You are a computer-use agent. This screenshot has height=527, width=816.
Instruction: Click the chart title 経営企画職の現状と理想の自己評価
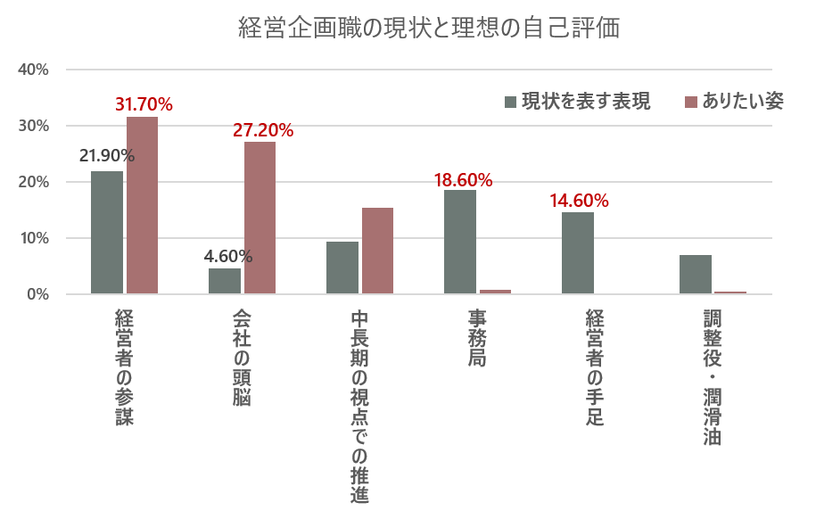(429, 28)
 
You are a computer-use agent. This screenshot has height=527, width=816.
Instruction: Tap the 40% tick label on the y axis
(32, 70)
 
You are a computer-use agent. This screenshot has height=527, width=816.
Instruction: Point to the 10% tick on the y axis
(32, 238)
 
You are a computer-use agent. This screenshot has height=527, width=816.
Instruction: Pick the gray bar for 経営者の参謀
(107, 233)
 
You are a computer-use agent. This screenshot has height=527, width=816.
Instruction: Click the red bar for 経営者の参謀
(142, 205)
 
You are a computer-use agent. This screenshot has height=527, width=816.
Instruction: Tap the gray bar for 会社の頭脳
(225, 281)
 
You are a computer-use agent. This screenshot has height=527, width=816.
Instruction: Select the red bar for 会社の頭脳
(260, 218)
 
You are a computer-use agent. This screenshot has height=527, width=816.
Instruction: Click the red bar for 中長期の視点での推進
(377, 251)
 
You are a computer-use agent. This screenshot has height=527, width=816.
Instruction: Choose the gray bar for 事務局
(460, 242)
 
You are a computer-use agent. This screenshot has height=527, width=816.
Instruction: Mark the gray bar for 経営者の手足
(578, 253)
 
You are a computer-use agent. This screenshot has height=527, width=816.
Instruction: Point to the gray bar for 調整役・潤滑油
(696, 275)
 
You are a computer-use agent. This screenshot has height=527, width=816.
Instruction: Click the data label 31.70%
(144, 104)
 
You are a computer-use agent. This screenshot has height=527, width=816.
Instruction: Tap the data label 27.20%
(263, 130)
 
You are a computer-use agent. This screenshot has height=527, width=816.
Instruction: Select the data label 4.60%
(228, 257)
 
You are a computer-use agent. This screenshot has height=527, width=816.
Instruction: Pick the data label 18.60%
(463, 180)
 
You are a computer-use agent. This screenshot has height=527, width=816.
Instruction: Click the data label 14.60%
(580, 201)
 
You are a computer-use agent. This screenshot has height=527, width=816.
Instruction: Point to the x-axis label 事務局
(477, 340)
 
